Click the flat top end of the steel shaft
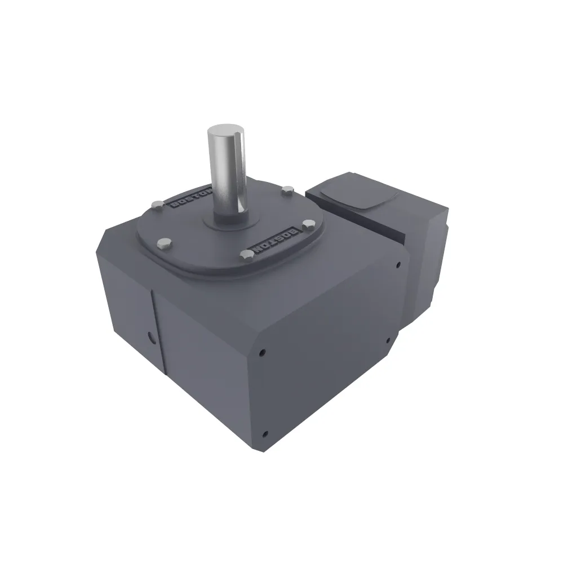click(x=226, y=132)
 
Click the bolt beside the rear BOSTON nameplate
click(x=156, y=204)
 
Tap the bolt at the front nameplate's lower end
click(x=247, y=256)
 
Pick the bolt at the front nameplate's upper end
click(x=308, y=224)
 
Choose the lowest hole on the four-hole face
click(x=265, y=434)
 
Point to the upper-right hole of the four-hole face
click(x=398, y=264)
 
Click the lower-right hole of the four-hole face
click(x=388, y=340)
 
